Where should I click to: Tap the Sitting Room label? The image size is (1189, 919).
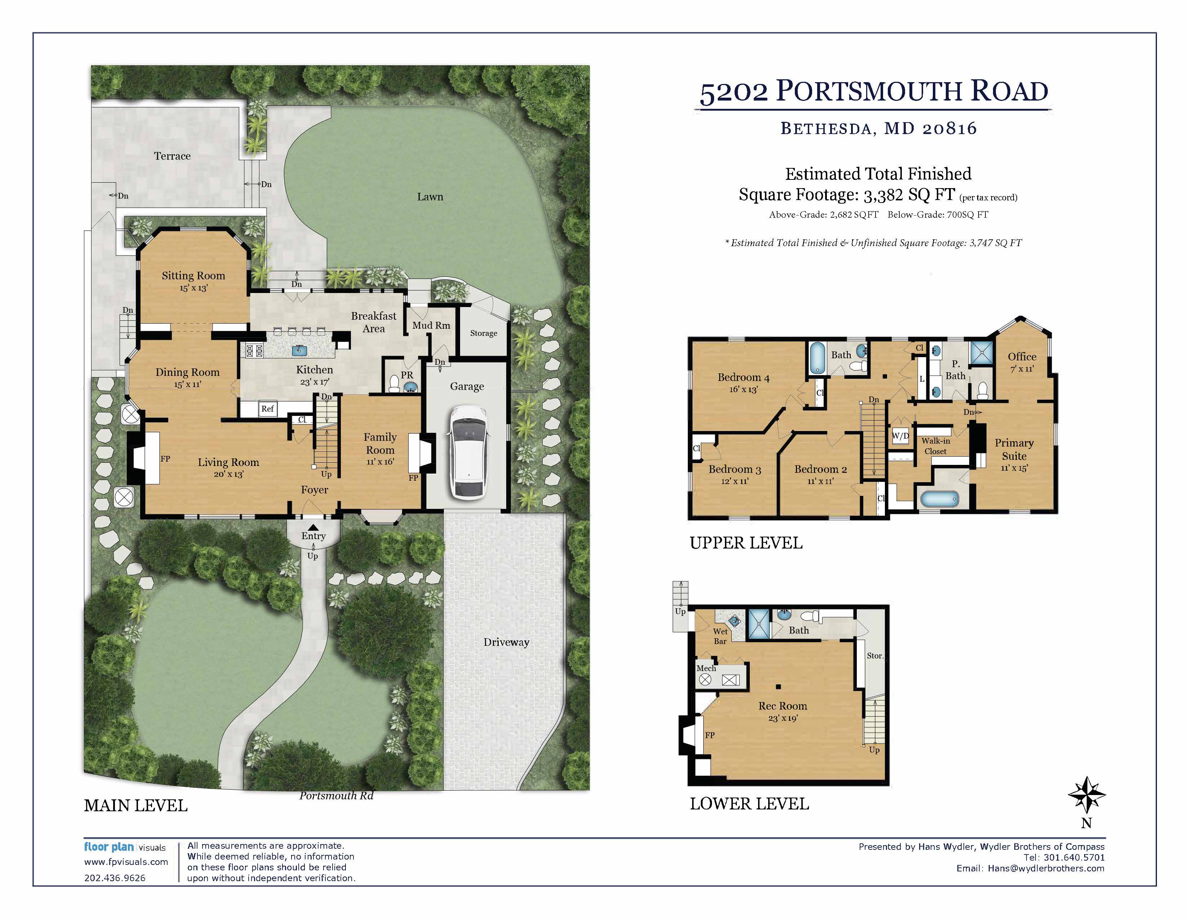(x=193, y=276)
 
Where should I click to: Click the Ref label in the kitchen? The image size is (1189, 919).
(x=267, y=409)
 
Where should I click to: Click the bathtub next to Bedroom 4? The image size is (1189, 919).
(x=817, y=358)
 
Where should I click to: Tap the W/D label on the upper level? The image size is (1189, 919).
(x=900, y=436)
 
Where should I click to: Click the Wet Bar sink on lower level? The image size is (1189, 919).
(x=734, y=621)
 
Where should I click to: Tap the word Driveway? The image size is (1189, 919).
(x=506, y=643)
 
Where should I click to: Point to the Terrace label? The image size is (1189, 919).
(x=172, y=156)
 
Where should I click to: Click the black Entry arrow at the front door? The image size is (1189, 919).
(x=313, y=527)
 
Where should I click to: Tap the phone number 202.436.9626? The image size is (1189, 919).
(x=115, y=878)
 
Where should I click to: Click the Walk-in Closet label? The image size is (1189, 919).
(x=935, y=446)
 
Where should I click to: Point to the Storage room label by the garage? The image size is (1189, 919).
(x=484, y=333)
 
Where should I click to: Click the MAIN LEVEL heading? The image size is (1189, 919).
(x=135, y=806)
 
